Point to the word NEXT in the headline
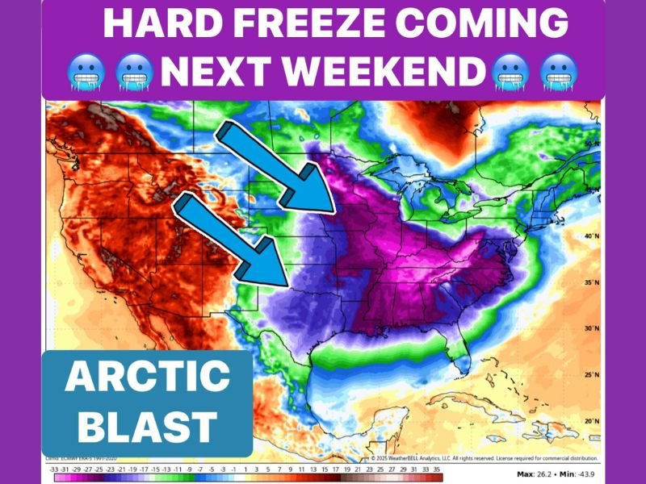219,73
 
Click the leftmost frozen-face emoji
85,73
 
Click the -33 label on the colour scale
53,468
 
